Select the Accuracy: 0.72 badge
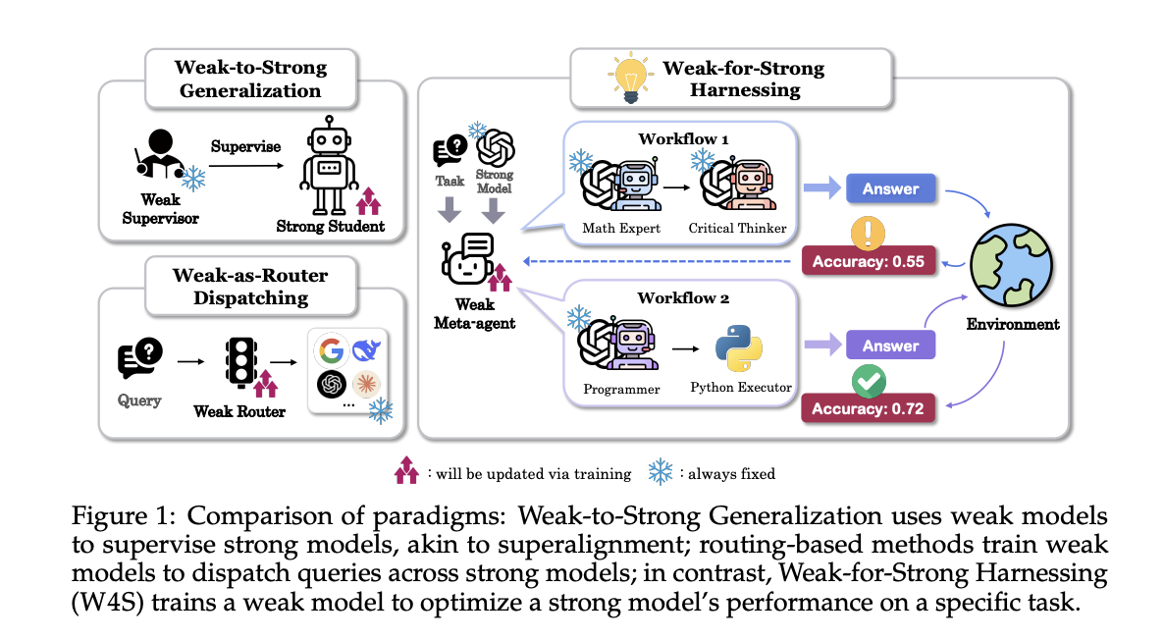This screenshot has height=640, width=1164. pyautogui.click(x=868, y=406)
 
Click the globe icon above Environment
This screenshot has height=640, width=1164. pyautogui.click(x=1013, y=266)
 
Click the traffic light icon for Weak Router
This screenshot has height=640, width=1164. pyautogui.click(x=240, y=363)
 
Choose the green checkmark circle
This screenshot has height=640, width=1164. pyautogui.click(x=869, y=379)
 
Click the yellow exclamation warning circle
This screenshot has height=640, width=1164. pyautogui.click(x=869, y=232)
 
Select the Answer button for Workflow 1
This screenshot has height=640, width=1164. pyautogui.click(x=889, y=188)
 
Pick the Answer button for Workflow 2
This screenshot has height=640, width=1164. pyautogui.click(x=889, y=346)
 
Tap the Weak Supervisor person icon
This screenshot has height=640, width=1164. pyautogui.click(x=157, y=157)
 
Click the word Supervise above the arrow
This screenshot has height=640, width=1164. pyautogui.click(x=246, y=146)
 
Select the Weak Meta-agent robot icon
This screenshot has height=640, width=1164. pyautogui.click(x=468, y=261)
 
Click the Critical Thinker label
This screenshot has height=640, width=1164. pyautogui.click(x=737, y=228)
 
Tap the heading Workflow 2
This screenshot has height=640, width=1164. pyautogui.click(x=683, y=297)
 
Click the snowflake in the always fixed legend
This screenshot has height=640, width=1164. pyautogui.click(x=661, y=472)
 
